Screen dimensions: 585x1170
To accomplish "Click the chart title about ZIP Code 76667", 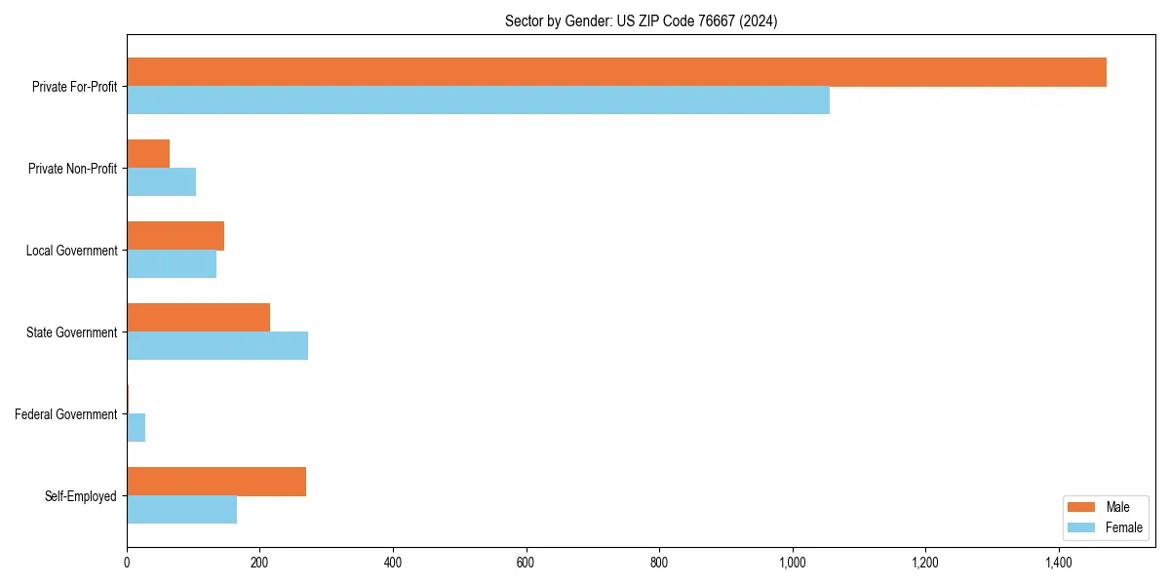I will pos(641,20).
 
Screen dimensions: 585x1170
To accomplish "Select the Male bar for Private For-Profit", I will pos(616,72).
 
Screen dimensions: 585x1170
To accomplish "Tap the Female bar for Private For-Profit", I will pos(478,100).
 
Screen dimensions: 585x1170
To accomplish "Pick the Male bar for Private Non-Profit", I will pos(148,154).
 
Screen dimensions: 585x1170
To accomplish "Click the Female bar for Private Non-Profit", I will pos(161,182).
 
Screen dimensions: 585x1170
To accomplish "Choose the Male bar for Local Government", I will pos(175,236).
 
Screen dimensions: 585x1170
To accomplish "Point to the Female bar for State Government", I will pos(217,346).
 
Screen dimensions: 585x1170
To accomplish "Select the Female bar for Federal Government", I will pos(136,428).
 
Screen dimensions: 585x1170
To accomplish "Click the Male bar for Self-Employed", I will pos(216,482).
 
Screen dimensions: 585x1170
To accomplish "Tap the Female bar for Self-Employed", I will pos(181,510).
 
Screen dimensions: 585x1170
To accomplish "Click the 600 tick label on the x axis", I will pos(526,563).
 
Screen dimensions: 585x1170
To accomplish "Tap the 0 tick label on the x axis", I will pos(127,563).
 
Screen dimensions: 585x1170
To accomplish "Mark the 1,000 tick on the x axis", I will pos(793,563).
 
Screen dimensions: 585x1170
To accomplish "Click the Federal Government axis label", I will pos(65,414).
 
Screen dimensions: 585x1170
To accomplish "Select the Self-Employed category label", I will pos(80,496).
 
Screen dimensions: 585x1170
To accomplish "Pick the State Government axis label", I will pos(71,332).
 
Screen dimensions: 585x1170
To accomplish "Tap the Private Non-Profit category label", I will pos(72,169).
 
